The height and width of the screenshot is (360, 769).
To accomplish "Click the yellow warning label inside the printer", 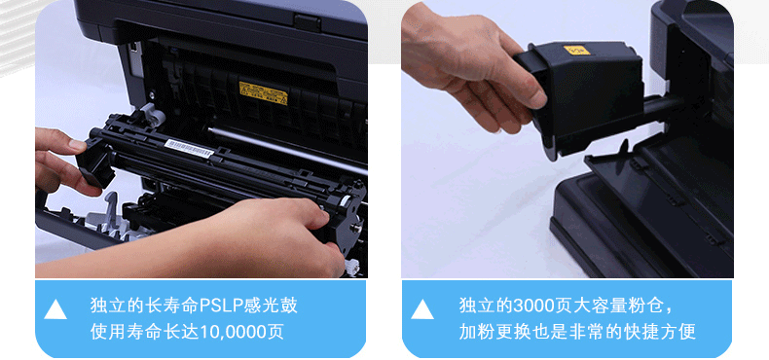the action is pyautogui.click(x=263, y=92).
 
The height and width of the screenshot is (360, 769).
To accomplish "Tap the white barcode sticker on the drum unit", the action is pyautogui.click(x=189, y=149).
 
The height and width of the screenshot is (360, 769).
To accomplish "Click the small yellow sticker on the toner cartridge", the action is pyautogui.click(x=576, y=50).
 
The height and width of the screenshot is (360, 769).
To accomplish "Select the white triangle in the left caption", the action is pyautogui.click(x=55, y=310).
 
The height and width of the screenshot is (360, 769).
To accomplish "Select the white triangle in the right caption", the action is pyautogui.click(x=422, y=310).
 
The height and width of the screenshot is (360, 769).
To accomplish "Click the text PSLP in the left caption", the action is pyautogui.click(x=221, y=306).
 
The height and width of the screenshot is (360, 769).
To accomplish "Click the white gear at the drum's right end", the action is pyautogui.click(x=351, y=267).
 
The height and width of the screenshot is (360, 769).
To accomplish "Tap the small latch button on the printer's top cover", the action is pyautogui.click(x=308, y=22).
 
